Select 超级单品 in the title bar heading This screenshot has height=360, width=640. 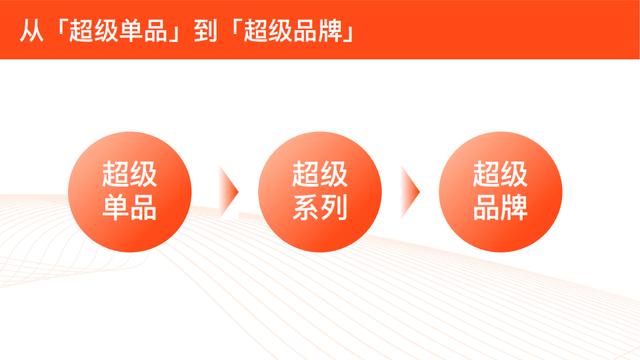pyautogui.click(x=122, y=30)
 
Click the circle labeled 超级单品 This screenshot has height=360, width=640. pyautogui.click(x=129, y=191)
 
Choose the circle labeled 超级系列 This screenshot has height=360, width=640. pyautogui.click(x=319, y=191)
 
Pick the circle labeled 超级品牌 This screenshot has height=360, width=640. pyautogui.click(x=500, y=191)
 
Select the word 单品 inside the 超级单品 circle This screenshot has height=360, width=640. pyautogui.click(x=129, y=209)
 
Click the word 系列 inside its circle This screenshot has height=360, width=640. pyautogui.click(x=319, y=209)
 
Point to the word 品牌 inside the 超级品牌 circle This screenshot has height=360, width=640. pyautogui.click(x=500, y=209)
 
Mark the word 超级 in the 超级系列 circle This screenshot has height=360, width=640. pyautogui.click(x=319, y=174)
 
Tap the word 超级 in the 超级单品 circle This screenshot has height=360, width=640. pyautogui.click(x=129, y=174)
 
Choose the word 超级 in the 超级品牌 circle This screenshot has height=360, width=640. pyautogui.click(x=500, y=174)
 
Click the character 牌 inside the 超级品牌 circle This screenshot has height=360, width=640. pyautogui.click(x=515, y=209)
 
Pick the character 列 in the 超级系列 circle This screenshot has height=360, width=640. pyautogui.click(x=334, y=209)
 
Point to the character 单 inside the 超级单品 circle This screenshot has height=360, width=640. pyautogui.click(x=115, y=209)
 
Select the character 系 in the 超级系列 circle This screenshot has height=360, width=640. pyautogui.click(x=305, y=209)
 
